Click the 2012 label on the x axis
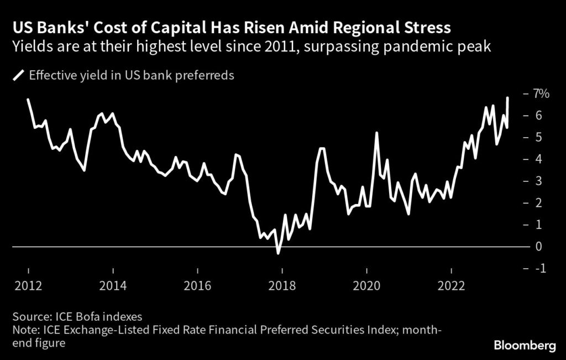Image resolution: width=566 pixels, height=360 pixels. point(28,286)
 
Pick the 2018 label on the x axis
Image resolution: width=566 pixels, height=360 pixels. point(282,286)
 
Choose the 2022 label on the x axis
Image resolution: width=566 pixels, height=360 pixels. point(452,286)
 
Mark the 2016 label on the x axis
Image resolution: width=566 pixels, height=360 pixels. point(197,286)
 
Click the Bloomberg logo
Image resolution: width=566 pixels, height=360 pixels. point(524,346)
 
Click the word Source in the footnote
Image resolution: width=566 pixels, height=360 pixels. point(29,317)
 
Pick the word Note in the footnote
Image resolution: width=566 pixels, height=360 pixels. point(24,330)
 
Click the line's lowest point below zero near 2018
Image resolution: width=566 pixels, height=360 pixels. point(278,253)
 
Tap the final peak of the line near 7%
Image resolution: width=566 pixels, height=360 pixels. point(507,98)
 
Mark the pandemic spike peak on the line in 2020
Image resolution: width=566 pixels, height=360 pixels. point(376,133)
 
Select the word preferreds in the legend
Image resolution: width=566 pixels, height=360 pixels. point(205,75)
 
